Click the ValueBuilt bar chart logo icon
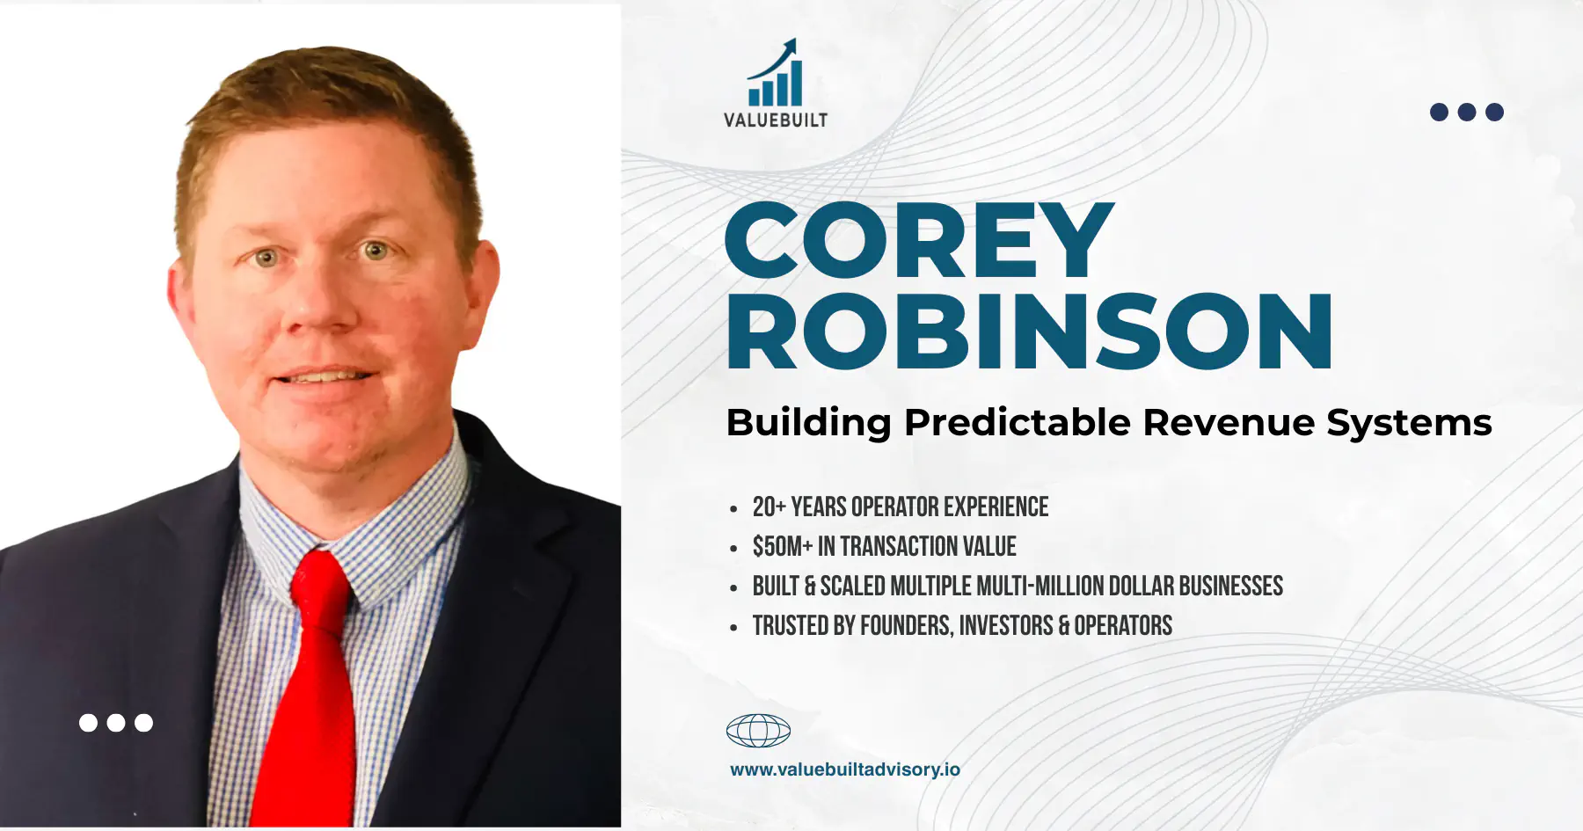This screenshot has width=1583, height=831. pyautogui.click(x=775, y=73)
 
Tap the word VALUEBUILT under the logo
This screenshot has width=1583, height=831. pyautogui.click(x=776, y=120)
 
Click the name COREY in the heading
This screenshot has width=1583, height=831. pyautogui.click(x=919, y=241)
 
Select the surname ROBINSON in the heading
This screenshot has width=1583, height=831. pyautogui.click(x=1029, y=332)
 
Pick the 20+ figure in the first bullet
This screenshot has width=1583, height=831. pyautogui.click(x=769, y=507)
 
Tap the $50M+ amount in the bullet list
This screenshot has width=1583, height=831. pyautogui.click(x=783, y=547)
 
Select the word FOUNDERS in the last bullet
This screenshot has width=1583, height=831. pyautogui.click(x=906, y=626)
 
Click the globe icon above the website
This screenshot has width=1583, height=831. pyautogui.click(x=758, y=731)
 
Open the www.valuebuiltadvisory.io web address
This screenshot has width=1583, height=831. pyautogui.click(x=845, y=769)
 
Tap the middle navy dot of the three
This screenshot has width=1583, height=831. pyautogui.click(x=1467, y=112)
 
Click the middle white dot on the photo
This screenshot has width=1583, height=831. pyautogui.click(x=116, y=723)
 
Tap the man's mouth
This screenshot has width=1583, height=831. pyautogui.click(x=325, y=377)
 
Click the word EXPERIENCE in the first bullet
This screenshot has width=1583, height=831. pyautogui.click(x=996, y=507)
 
